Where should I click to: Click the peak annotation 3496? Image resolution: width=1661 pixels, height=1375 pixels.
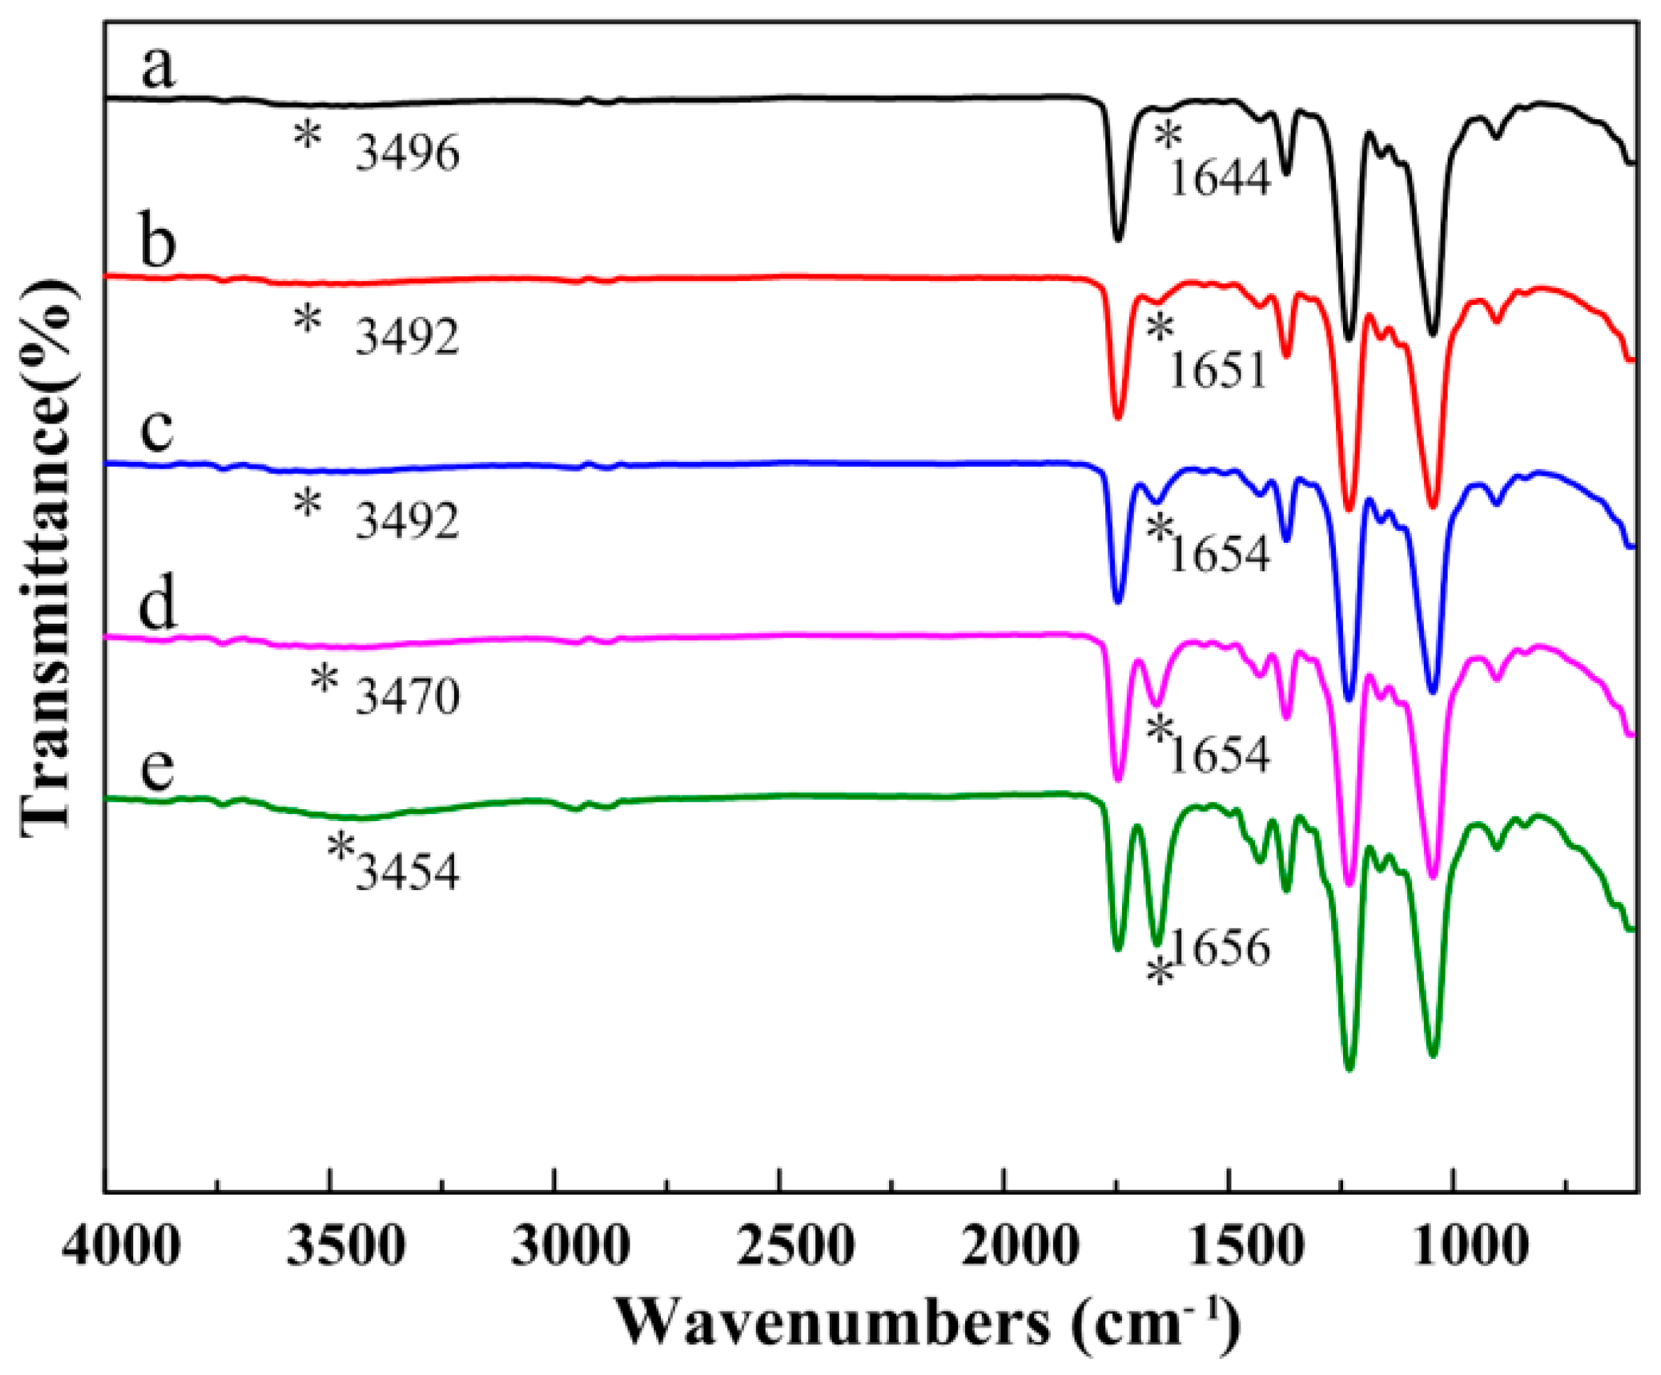tap(407, 153)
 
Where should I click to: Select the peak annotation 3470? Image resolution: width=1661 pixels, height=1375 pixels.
tap(407, 697)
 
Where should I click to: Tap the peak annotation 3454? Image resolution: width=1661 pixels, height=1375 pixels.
tap(407, 873)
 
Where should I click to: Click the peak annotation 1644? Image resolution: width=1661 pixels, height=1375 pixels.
tap(1219, 179)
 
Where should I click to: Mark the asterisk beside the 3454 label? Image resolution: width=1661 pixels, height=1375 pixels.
tap(341, 849)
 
